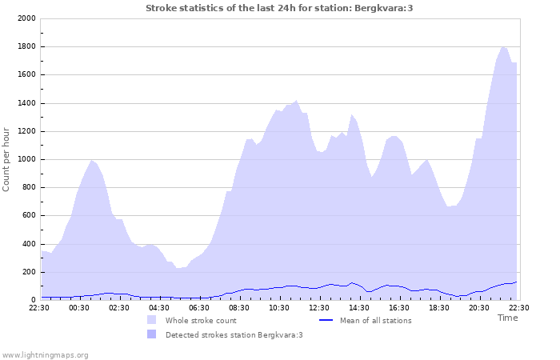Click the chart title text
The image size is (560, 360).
coord(279,8)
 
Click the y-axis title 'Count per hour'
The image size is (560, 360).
coord(7,159)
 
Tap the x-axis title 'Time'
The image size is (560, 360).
coord(507,318)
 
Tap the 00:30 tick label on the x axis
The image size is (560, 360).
coord(79,307)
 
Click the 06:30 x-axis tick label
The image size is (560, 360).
coord(199,307)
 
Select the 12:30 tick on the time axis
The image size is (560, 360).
coord(319,307)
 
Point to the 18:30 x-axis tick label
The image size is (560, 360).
coord(439,307)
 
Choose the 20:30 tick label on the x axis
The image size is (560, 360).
coord(479,307)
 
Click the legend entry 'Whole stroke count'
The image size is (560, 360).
coord(202,321)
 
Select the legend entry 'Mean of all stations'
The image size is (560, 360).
coord(375,321)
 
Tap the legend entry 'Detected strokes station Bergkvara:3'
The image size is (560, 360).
coord(234,335)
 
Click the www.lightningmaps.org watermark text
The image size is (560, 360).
coord(45,354)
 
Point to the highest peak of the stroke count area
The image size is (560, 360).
coord(503,46)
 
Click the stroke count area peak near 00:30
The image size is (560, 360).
coord(92,160)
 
